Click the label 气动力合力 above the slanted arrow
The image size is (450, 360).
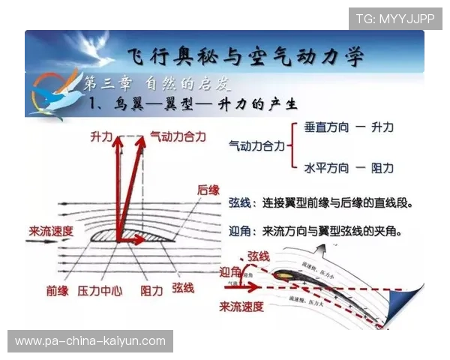tap(176, 136)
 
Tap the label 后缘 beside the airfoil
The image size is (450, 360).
tap(208, 190)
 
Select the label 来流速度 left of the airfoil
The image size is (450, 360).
tap(51, 230)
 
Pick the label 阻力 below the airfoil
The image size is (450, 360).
tap(151, 289)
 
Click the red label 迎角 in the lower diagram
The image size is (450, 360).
tap(231, 271)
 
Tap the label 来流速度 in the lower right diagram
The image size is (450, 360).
tap(241, 306)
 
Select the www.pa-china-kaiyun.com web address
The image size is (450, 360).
tap(90, 341)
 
